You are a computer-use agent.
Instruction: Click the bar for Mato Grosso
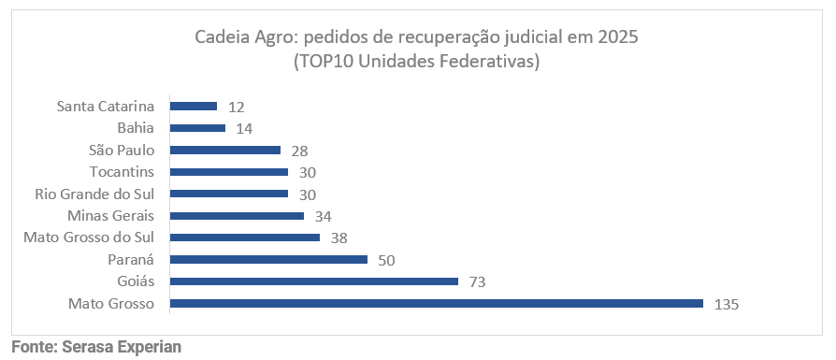pyautogui.click(x=437, y=304)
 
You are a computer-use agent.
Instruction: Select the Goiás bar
pyautogui.click(x=314, y=281)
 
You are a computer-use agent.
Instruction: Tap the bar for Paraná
pyautogui.click(x=268, y=259)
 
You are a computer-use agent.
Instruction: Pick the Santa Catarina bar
pyautogui.click(x=194, y=107)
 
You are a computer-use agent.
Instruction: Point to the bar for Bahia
pyautogui.click(x=198, y=128)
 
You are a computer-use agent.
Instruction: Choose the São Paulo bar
pyautogui.click(x=225, y=150)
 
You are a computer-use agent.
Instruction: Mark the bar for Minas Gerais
pyautogui.click(x=238, y=215)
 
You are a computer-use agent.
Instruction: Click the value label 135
pyautogui.click(x=727, y=306)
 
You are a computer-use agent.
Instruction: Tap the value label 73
pyautogui.click(x=477, y=282)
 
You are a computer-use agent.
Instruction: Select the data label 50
pyautogui.click(x=386, y=260)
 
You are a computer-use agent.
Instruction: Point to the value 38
pyautogui.click(x=339, y=238)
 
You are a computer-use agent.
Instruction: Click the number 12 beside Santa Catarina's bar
pyautogui.click(x=237, y=108)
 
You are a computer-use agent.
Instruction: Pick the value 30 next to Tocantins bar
pyautogui.click(x=307, y=173)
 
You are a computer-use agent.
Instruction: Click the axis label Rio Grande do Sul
pyautogui.click(x=94, y=194)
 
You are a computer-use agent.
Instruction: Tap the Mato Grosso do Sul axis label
pyautogui.click(x=89, y=238)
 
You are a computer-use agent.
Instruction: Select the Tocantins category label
pyautogui.click(x=123, y=172)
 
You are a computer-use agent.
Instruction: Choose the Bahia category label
pyautogui.click(x=136, y=128)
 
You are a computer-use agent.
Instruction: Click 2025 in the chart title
pyautogui.click(x=619, y=38)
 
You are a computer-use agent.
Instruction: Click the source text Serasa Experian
pyautogui.click(x=122, y=347)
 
